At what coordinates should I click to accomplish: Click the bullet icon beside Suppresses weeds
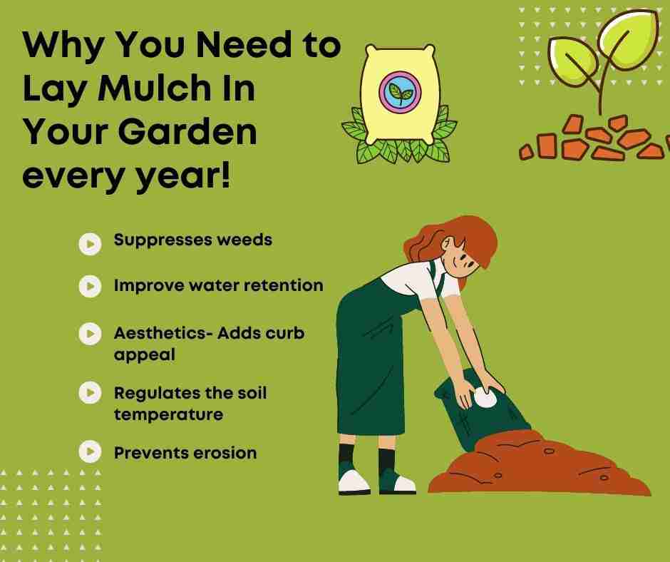click(90, 244)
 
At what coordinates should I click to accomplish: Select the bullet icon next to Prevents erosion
click(90, 451)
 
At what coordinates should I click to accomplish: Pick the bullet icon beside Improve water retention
click(90, 286)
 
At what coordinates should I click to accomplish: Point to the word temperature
click(168, 414)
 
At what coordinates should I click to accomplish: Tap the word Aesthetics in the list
click(160, 333)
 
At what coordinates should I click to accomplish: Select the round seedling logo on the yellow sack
click(400, 93)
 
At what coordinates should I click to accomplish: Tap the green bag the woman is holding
click(480, 411)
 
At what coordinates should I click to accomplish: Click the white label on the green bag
click(485, 398)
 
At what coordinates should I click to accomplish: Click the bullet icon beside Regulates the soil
click(90, 392)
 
